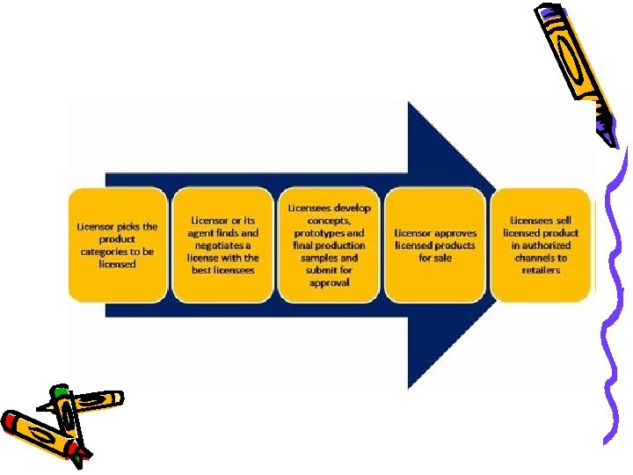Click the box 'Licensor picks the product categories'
(117, 245)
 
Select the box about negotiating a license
(223, 245)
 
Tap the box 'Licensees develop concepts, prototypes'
(329, 245)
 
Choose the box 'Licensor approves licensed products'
(435, 245)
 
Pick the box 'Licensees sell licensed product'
(541, 245)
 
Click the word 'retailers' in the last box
(541, 270)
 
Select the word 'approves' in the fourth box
(455, 233)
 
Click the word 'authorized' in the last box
(547, 245)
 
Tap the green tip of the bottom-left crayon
(59, 389)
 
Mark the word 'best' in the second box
(203, 270)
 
